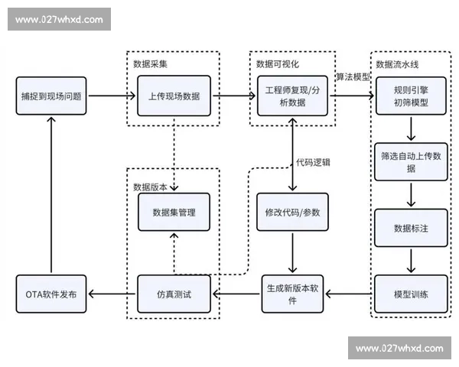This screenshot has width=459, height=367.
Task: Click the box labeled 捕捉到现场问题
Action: (x=51, y=97)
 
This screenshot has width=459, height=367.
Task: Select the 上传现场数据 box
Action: (x=174, y=96)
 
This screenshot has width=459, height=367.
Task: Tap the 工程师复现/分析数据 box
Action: (x=294, y=96)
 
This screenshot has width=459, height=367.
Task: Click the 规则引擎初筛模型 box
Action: (x=411, y=96)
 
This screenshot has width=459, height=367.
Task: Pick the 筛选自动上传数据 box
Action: (x=411, y=161)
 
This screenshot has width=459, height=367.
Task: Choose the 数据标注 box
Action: (x=411, y=228)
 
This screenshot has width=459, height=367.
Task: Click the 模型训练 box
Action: (x=411, y=294)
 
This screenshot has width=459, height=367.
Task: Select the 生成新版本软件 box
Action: (x=294, y=294)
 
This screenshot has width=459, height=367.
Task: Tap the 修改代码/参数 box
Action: (x=294, y=212)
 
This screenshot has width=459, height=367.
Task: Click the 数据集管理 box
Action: (x=174, y=212)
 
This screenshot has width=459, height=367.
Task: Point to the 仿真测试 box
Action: (x=174, y=294)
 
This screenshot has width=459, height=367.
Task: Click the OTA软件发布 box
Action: (x=51, y=294)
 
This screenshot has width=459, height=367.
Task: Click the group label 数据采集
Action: (x=151, y=63)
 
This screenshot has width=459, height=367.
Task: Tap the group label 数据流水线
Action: (x=395, y=63)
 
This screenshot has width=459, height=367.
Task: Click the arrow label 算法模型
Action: (x=352, y=78)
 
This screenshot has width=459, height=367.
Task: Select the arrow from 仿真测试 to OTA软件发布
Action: (x=112, y=294)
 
